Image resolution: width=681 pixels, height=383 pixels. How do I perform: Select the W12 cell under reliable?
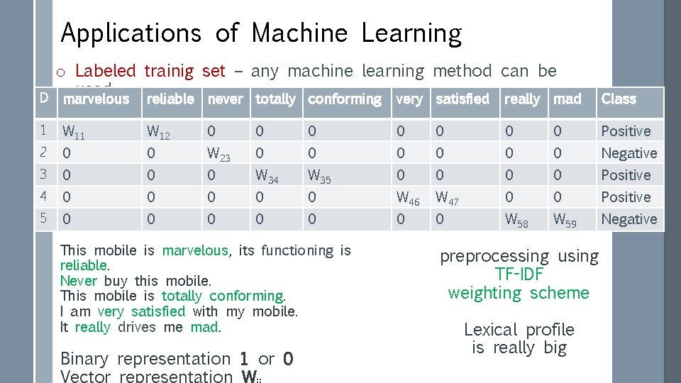click(x=157, y=132)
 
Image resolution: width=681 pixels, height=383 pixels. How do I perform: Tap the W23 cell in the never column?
click(x=218, y=154)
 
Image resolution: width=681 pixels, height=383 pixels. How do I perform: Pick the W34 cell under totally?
click(x=267, y=176)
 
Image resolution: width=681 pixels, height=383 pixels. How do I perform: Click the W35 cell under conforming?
click(x=321, y=176)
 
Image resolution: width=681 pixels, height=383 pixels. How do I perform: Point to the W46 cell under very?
click(x=408, y=198)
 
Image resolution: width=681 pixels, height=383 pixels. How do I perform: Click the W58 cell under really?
click(x=516, y=220)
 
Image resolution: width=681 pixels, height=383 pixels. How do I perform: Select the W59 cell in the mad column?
click(x=565, y=220)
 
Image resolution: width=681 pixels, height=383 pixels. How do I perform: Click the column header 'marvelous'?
click(x=96, y=99)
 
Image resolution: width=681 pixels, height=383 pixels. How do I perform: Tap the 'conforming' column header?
click(x=345, y=99)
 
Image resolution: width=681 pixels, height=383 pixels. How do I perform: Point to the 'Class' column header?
click(x=619, y=99)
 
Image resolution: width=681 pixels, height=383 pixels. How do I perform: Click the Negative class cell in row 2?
click(x=629, y=153)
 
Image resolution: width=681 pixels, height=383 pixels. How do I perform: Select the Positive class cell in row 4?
click(x=626, y=197)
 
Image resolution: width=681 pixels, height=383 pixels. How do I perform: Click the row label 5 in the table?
click(x=43, y=218)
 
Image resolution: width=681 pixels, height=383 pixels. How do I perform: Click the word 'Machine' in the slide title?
click(x=299, y=33)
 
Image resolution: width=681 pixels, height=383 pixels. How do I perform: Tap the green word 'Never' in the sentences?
click(x=78, y=280)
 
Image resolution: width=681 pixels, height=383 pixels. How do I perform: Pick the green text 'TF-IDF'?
click(x=519, y=274)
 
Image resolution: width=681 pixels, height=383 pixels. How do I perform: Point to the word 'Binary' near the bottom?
click(x=84, y=359)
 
